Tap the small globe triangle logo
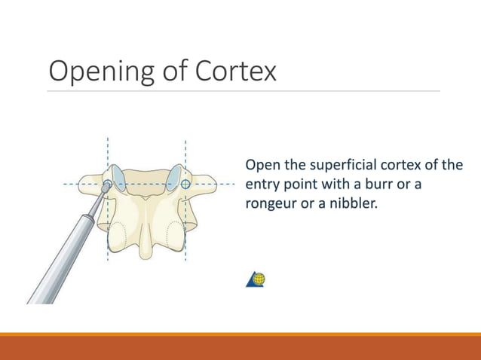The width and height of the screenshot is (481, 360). (x=256, y=279)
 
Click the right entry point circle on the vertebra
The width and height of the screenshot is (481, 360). (x=185, y=183)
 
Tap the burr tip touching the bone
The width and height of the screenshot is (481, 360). (x=107, y=185)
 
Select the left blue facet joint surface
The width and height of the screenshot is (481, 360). (x=118, y=176)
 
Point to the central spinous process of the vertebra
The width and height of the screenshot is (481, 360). (x=147, y=233)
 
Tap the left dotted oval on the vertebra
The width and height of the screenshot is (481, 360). (x=118, y=235)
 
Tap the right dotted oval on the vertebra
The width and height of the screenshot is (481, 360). (x=174, y=235)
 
